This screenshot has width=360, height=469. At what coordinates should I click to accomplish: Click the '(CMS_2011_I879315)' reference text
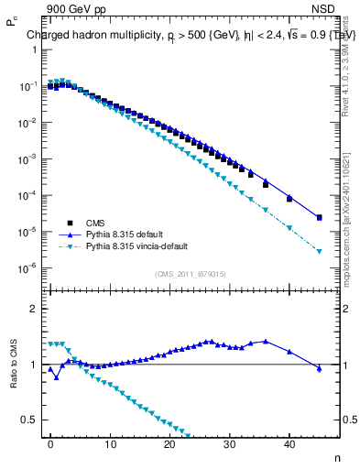pyautogui.click(x=190, y=274)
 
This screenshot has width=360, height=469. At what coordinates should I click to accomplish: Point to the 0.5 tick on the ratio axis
pyautogui.click(x=29, y=420)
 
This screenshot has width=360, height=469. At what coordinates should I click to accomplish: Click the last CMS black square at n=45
pyautogui.click(x=319, y=217)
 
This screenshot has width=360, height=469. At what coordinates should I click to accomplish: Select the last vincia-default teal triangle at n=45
pyautogui.click(x=319, y=251)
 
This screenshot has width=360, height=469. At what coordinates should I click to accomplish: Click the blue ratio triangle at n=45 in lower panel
pyautogui.click(x=319, y=368)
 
